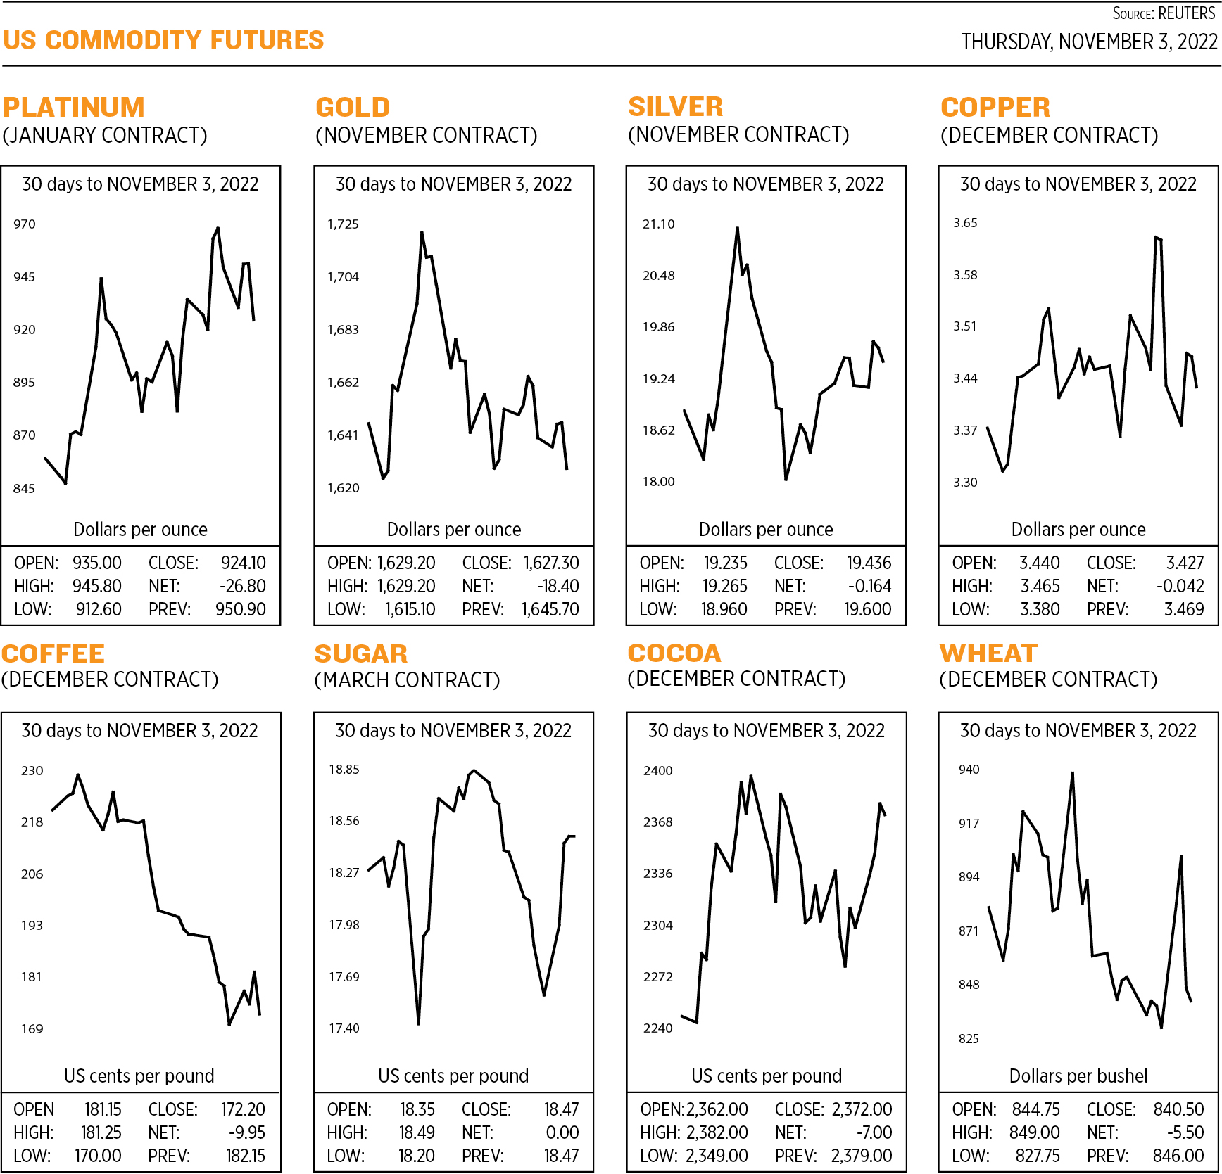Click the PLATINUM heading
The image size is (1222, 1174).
pos(74,108)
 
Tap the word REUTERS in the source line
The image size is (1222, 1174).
pos(1186,14)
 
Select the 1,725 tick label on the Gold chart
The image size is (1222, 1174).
pos(343,224)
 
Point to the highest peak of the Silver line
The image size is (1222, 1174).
pos(737,229)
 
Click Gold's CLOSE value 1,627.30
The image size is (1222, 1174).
pos(550,563)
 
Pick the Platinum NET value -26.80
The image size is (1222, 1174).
pos(243,587)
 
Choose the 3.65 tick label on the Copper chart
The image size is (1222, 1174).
pos(965,223)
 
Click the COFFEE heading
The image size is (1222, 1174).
pos(53,654)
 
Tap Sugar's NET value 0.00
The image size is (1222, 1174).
pos(562,1133)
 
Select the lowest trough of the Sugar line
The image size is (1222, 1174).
pos(418,1023)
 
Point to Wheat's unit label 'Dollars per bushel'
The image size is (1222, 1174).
pos(1078,1076)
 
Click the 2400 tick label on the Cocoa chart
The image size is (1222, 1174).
pos(657,771)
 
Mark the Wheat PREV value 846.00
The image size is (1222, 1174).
pos(1178,1156)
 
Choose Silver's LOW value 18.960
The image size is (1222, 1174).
pos(724,610)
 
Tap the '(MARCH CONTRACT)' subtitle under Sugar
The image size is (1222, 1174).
pos(407,680)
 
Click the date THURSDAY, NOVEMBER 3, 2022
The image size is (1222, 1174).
pos(1089,42)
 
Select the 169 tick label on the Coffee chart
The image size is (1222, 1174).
pos(32,1029)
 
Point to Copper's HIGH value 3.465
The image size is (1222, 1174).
pos(1040,587)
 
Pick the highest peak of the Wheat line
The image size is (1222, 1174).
pos(1072,773)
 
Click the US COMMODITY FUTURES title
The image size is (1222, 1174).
pos(163,41)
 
